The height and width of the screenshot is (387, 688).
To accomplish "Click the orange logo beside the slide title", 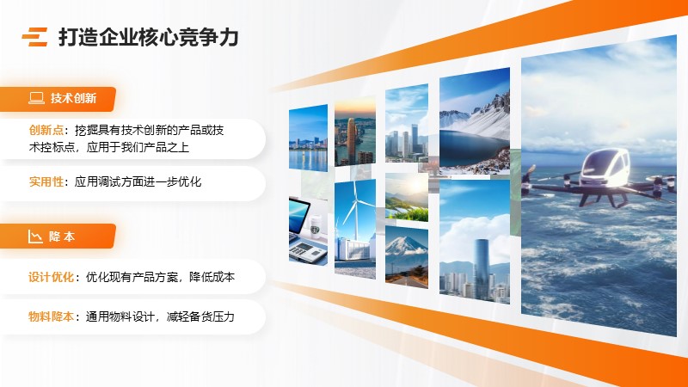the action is pyautogui.click(x=34, y=37).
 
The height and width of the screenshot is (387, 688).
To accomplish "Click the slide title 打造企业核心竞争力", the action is pyautogui.click(x=148, y=37).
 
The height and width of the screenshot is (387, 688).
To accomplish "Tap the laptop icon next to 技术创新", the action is pyautogui.click(x=36, y=98).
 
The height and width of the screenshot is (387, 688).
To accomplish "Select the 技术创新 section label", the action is pyautogui.click(x=73, y=98).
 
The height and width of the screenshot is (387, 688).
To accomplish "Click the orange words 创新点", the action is pyautogui.click(x=46, y=131).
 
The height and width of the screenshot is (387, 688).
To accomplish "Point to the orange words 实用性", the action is pyautogui.click(x=46, y=181).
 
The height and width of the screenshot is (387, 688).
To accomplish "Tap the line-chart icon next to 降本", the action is pyautogui.click(x=35, y=236).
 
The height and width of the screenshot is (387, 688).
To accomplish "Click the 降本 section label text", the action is pyautogui.click(x=62, y=236).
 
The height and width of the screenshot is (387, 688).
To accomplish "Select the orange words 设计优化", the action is pyautogui.click(x=51, y=277).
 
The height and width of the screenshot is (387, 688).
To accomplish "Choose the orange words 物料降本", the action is pyautogui.click(x=51, y=316).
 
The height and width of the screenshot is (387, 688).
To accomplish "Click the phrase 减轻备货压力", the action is pyautogui.click(x=200, y=316).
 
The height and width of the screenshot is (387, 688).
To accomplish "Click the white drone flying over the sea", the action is pyautogui.click(x=602, y=179).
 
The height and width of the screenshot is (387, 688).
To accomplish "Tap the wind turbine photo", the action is pyautogui.click(x=355, y=229).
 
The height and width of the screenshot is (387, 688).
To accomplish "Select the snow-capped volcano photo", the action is pyautogui.click(x=407, y=257).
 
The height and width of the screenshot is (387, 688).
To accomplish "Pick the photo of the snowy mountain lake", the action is pyautogui.click(x=475, y=121).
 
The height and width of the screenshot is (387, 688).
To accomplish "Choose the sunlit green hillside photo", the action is pyautogui.click(x=407, y=197).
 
